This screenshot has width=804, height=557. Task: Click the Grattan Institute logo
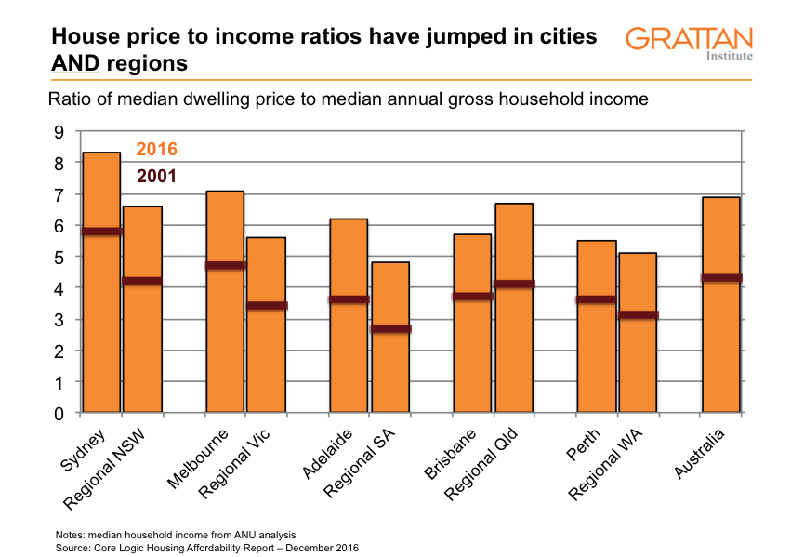coord(689,43)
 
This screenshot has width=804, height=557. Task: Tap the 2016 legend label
coord(156,149)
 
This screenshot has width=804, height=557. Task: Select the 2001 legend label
coord(156,176)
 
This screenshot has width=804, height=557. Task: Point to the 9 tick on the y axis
coord(59,132)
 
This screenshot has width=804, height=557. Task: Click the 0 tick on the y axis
coord(59,413)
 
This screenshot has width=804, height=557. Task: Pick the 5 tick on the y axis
coord(59,258)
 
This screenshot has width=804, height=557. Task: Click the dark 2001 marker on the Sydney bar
coord(101,231)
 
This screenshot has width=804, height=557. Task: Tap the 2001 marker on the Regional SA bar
coord(390,328)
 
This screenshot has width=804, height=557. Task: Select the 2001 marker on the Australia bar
coord(720,277)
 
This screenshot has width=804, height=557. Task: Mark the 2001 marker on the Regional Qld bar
coord(513,284)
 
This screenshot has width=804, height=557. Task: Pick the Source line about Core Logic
coord(206,548)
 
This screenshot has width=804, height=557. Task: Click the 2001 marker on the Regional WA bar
coord(638,314)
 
